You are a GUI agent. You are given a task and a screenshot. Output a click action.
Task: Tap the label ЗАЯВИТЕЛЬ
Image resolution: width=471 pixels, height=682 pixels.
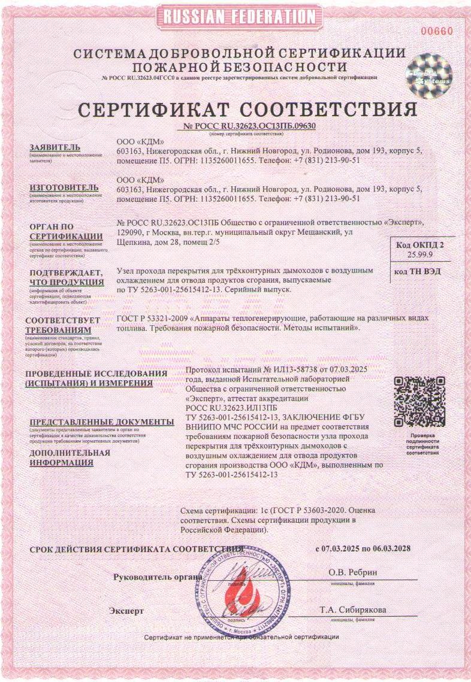pyautogui.click(x=55, y=148)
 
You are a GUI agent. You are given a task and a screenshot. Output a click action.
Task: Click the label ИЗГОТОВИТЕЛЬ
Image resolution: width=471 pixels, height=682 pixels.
pyautogui.click(x=59, y=187)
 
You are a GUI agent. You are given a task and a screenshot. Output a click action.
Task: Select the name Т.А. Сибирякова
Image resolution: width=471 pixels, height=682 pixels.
pyautogui.click(x=352, y=610)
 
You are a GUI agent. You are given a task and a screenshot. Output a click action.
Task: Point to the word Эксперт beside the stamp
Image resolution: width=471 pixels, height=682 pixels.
pyautogui.click(x=126, y=611)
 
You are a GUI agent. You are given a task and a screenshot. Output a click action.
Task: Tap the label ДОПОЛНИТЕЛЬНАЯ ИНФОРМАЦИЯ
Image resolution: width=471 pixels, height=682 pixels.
pyautogui.click(x=70, y=457)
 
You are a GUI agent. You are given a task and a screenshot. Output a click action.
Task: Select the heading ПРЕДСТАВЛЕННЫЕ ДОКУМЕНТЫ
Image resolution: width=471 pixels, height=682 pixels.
pyautogui.click(x=101, y=422)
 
